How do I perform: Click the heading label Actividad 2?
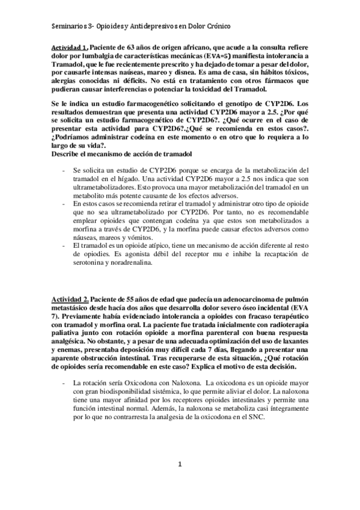70,299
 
